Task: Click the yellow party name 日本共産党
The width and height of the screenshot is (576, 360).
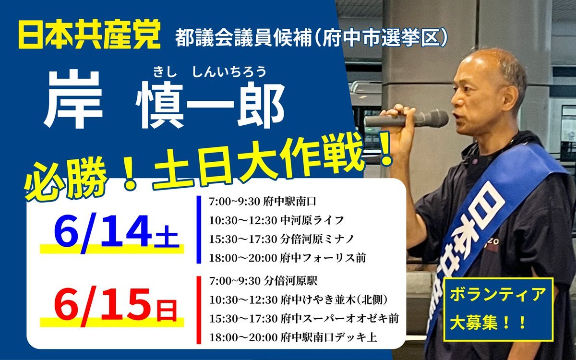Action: [89, 35]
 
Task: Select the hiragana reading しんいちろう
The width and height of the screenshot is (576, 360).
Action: [229, 72]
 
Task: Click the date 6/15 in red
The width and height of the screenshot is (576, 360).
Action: [103, 306]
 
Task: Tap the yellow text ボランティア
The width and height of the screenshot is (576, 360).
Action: [498, 295]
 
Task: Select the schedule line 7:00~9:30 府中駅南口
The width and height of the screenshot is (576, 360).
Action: [263, 201]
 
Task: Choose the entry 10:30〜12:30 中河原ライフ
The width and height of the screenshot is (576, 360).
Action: [276, 220]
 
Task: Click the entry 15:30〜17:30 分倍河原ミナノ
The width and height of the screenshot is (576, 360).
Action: [282, 239]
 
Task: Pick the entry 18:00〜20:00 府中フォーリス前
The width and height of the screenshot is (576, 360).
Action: [287, 258]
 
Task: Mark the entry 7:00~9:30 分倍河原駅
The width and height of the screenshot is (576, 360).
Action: [264, 280]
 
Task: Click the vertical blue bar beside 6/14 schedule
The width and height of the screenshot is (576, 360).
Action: [199, 229]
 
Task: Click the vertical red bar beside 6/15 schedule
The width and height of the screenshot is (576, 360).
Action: [199, 310]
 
